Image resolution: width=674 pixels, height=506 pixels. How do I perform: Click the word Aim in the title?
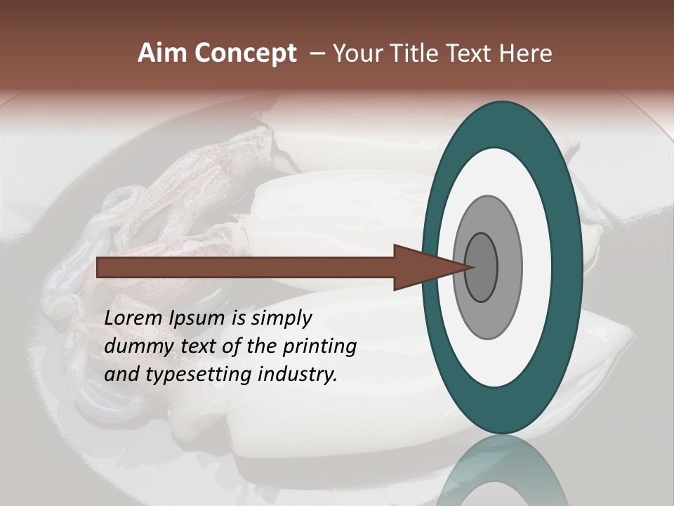coord(162,53)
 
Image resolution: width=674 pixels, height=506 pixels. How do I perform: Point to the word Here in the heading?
coord(526,53)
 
